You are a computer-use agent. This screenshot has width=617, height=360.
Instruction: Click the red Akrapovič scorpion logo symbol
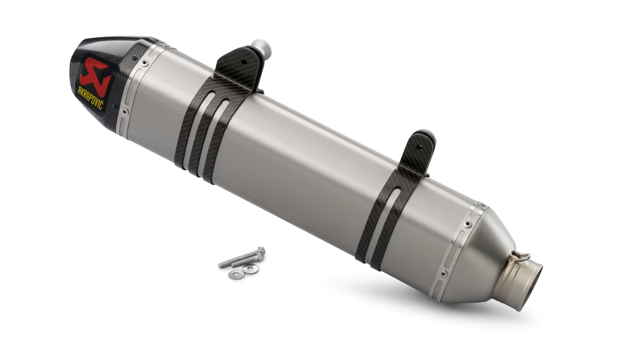96,77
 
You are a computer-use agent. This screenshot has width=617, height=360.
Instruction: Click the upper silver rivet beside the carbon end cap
144,63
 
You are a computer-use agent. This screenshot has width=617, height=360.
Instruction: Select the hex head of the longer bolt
261,250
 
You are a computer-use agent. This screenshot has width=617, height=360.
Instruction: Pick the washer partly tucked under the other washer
237,273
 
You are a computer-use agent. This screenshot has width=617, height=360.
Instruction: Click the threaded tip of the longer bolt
221,265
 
